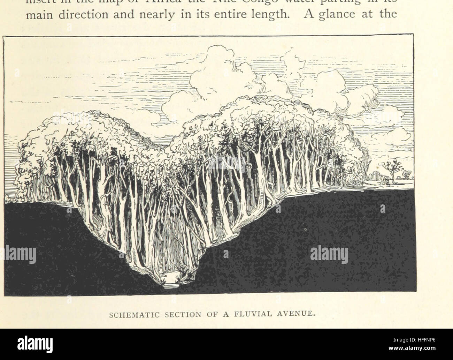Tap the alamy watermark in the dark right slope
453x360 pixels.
(x=329, y=254)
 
